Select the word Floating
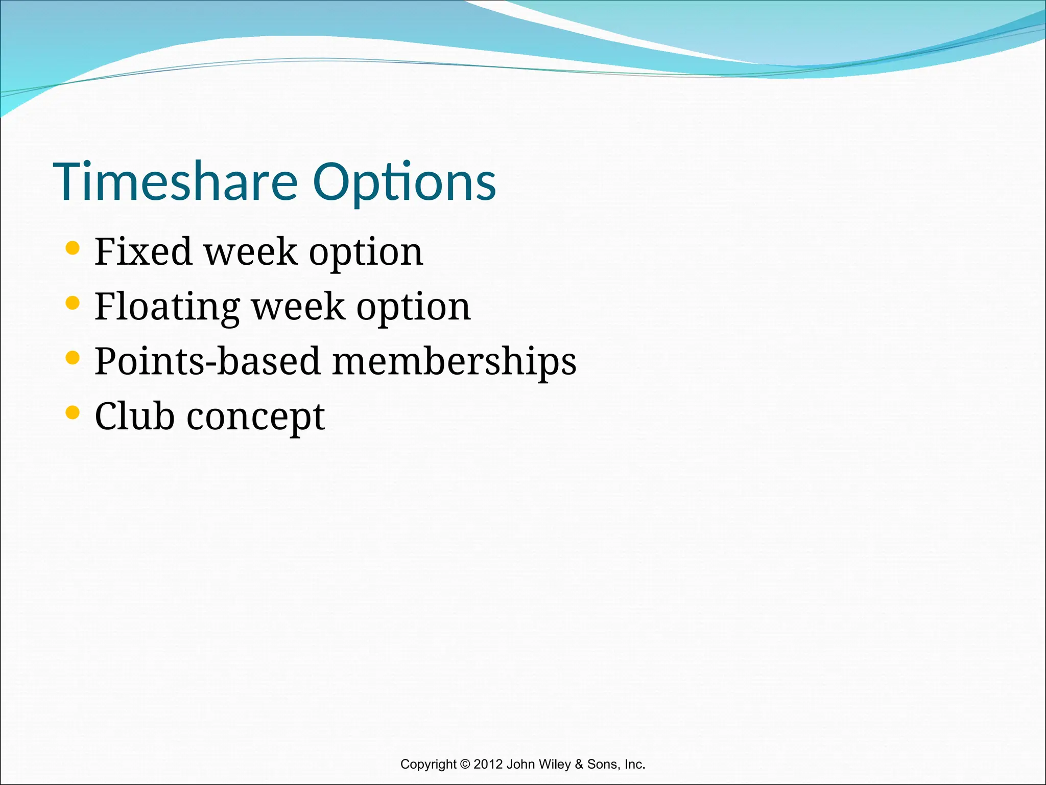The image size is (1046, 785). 167,307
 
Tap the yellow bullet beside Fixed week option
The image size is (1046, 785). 73,248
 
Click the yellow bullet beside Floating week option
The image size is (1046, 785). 73,303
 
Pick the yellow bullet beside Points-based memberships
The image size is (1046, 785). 73,358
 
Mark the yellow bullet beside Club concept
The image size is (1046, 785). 73,412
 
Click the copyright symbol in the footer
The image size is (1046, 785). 465,765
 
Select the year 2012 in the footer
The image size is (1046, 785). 488,765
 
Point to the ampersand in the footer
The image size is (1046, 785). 579,765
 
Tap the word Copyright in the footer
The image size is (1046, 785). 428,765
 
